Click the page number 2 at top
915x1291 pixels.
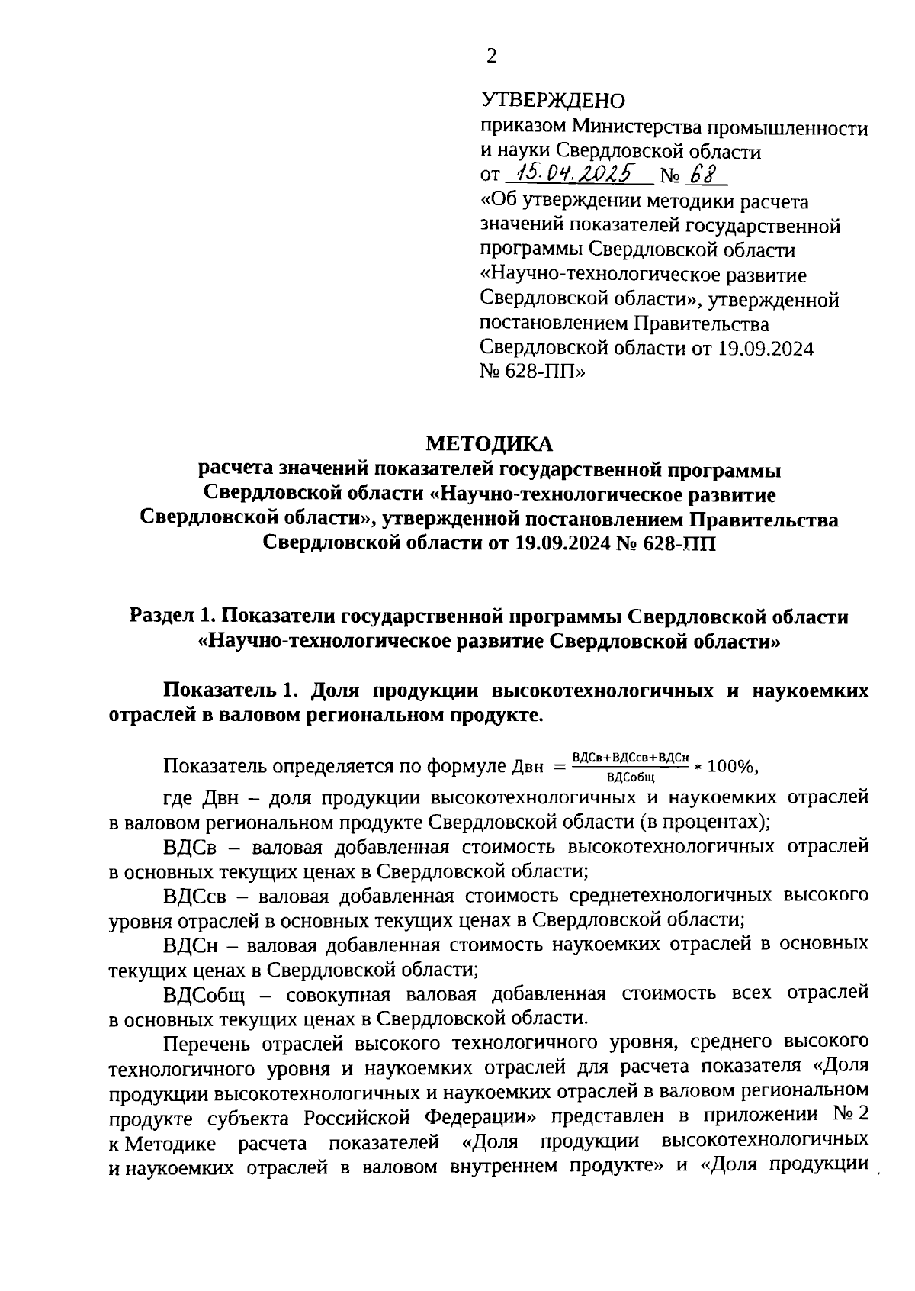coord(491,56)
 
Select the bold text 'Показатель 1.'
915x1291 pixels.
coord(228,691)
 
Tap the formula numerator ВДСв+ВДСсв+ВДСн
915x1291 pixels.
coord(630,757)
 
